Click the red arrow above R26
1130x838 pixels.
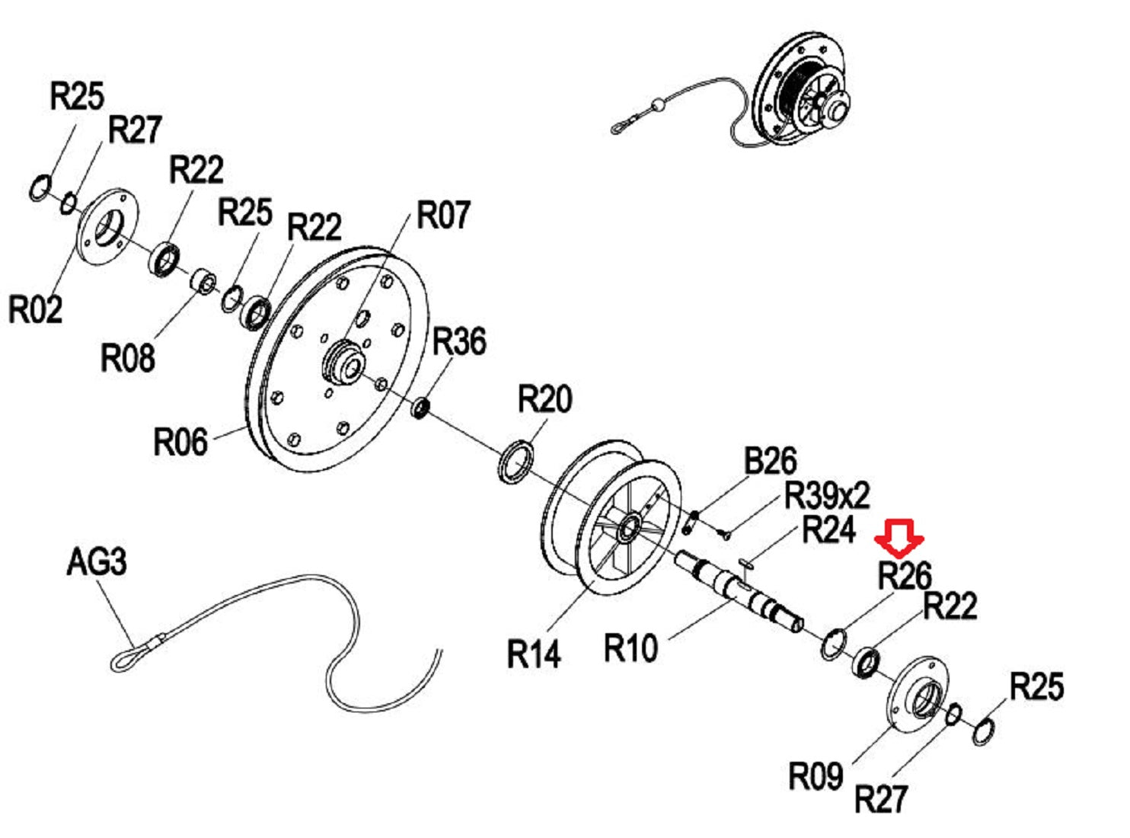tap(899, 537)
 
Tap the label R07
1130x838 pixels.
tap(443, 215)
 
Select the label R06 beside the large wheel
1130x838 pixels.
tap(180, 442)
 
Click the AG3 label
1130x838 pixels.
tap(96, 562)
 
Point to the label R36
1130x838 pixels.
tap(459, 341)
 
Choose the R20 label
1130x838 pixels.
tap(544, 399)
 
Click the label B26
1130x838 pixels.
tap(770, 462)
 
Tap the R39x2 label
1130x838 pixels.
tap(826, 496)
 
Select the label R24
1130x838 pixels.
tap(829, 529)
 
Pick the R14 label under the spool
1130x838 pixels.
tap(533, 654)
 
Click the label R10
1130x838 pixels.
tap(630, 648)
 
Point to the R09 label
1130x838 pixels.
tap(815, 776)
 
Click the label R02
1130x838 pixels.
tap(35, 309)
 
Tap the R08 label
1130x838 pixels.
tap(127, 357)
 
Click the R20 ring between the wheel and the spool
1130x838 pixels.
tap(516, 461)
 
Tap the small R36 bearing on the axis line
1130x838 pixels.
tap(421, 408)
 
